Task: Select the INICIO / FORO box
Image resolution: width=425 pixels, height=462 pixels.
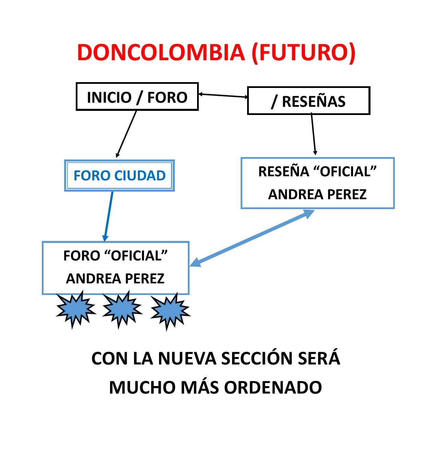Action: point(137,97)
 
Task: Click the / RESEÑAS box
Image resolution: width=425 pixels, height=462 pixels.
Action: point(308,101)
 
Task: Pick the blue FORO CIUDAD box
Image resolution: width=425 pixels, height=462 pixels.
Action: point(120,176)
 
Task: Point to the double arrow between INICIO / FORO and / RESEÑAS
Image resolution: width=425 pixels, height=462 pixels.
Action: point(223,95)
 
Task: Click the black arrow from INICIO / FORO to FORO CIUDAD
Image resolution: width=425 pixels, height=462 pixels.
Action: point(126,133)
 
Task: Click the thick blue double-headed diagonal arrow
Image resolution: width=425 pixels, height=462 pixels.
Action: point(252,238)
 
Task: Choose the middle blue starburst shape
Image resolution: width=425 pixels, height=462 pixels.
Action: point(122,308)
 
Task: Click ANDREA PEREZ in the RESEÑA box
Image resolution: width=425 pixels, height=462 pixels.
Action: point(317,194)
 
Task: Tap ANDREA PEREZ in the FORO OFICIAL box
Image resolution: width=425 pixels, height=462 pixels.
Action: point(115,279)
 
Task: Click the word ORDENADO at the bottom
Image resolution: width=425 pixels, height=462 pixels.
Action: point(273,387)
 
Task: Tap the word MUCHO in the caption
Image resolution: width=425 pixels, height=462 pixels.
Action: point(142,387)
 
